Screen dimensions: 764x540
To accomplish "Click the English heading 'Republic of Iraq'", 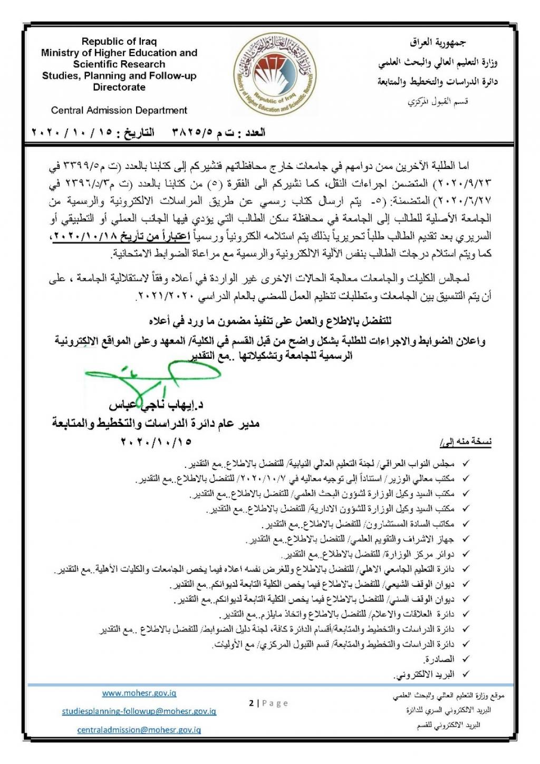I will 119,41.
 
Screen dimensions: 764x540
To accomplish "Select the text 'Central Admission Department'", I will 119,110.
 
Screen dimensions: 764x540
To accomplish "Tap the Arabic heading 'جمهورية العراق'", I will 438,42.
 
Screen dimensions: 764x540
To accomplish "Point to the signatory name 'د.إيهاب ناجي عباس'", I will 157,406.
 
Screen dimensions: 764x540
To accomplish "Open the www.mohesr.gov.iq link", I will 139,693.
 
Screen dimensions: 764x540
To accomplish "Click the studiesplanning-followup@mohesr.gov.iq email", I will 139,711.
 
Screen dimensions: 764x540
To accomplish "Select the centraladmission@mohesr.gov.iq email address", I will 139,730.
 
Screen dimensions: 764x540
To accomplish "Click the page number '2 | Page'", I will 268,703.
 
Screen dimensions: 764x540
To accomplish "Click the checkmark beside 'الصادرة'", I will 465,660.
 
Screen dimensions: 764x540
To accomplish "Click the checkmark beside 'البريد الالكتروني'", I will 465,675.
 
